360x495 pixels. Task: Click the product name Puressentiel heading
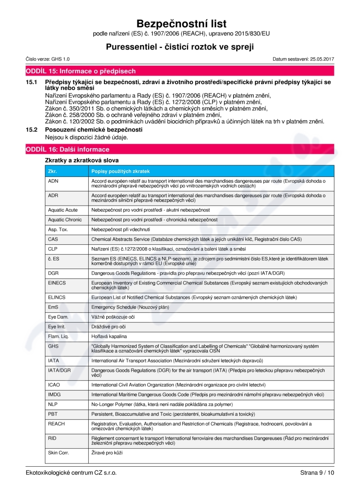(x=180, y=46)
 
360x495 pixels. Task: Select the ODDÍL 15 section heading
(x=81, y=71)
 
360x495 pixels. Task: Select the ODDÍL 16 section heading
(x=67, y=149)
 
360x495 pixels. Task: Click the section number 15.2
(x=31, y=130)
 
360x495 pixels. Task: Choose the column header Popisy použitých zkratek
(x=121, y=171)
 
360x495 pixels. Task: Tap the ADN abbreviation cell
(x=53, y=180)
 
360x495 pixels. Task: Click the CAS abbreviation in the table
(x=53, y=239)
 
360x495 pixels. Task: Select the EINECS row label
(x=56, y=283)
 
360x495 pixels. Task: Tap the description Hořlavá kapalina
(x=109, y=336)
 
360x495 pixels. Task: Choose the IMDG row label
(x=54, y=395)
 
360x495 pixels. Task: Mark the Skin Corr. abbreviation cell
(x=58, y=452)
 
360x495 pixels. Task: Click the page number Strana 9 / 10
(x=317, y=472)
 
